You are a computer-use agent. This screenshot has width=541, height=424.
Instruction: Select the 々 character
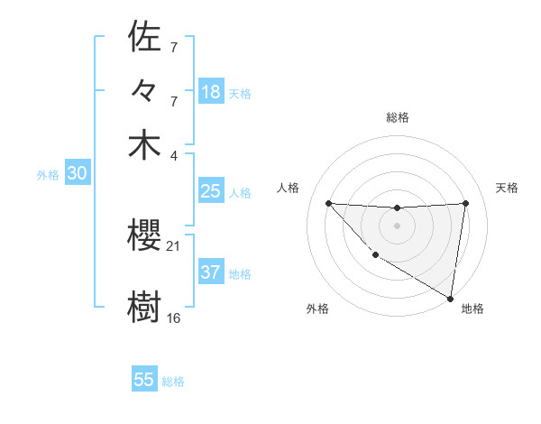(x=145, y=91)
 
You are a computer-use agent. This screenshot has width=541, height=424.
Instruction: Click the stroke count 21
(x=173, y=245)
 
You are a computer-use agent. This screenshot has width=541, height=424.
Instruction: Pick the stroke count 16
(x=173, y=318)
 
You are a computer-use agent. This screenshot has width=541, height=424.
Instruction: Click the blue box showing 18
(x=210, y=91)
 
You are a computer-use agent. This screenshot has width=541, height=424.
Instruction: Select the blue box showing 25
(x=210, y=191)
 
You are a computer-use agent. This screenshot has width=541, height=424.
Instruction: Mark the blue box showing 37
(x=210, y=272)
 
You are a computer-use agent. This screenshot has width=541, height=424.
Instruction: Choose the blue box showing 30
(x=77, y=174)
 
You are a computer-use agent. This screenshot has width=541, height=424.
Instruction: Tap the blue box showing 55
(x=144, y=380)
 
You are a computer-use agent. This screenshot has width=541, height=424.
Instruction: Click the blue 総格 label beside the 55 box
(x=173, y=382)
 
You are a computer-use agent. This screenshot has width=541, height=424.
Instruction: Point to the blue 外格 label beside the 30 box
(x=48, y=176)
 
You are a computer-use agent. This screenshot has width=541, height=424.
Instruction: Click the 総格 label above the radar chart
(x=397, y=117)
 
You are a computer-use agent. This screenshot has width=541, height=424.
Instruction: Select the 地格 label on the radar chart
(x=472, y=309)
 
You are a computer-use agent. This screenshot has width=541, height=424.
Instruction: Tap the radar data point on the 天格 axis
(x=465, y=203)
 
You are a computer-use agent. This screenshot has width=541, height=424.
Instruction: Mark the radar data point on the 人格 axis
(x=328, y=203)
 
